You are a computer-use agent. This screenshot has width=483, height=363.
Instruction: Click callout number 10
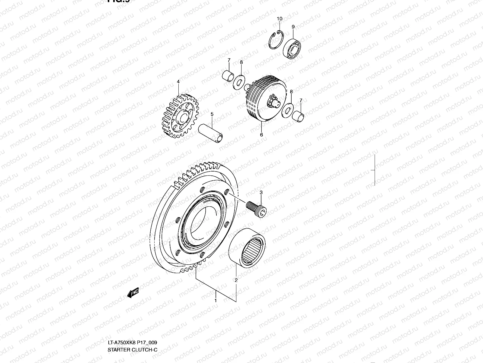pyautogui.click(x=280, y=19)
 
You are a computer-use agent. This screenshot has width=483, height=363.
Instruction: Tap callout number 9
pyautogui.click(x=293, y=27)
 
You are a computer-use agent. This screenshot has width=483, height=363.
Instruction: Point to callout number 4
pyautogui.click(x=178, y=82)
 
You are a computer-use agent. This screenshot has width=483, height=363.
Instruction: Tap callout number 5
pyautogui.click(x=212, y=114)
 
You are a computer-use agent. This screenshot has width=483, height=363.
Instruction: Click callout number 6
pyautogui.click(x=261, y=135)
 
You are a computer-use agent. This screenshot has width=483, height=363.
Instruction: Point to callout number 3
pyautogui.click(x=261, y=192)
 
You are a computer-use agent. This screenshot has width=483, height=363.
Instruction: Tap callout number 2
pyautogui.click(x=236, y=280)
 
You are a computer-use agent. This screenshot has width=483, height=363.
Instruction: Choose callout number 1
pyautogui.click(x=216, y=301)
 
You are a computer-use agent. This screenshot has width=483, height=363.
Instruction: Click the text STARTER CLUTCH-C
pyautogui.click(x=133, y=350)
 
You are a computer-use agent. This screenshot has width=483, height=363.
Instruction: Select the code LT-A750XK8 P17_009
pyautogui.click(x=132, y=343)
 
